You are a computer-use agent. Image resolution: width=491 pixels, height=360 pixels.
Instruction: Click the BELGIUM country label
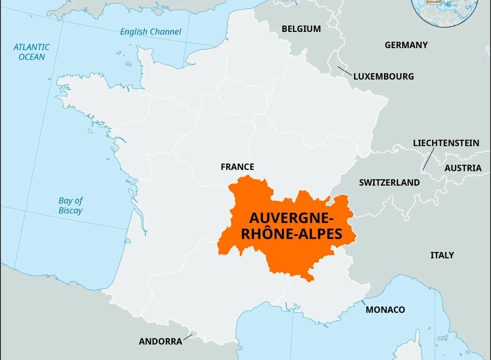click(x=301, y=29)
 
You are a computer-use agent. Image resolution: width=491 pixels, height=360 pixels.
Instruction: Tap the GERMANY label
click(x=406, y=45)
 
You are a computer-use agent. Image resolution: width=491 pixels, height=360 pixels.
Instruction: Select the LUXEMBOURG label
click(x=383, y=77)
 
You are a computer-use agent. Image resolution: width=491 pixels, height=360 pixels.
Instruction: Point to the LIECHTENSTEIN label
click(x=446, y=143)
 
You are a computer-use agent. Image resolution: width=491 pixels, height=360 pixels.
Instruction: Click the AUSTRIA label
click(x=463, y=168)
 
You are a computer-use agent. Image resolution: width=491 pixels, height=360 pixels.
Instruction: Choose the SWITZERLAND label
click(x=389, y=183)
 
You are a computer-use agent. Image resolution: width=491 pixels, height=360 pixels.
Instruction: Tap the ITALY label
click(x=442, y=255)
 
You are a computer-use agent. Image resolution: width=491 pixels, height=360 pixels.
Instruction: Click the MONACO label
click(x=385, y=309)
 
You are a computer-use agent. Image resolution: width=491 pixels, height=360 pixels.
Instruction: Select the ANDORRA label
click(x=161, y=341)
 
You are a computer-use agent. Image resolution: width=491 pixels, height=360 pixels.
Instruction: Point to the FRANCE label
click(x=237, y=167)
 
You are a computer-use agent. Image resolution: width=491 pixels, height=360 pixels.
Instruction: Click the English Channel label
click(x=151, y=32)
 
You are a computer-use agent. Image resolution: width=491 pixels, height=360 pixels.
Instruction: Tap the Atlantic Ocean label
click(x=31, y=52)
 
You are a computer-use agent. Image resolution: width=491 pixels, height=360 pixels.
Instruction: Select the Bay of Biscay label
click(x=71, y=205)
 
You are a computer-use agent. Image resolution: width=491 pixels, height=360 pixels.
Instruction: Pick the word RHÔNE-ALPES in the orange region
click(x=292, y=234)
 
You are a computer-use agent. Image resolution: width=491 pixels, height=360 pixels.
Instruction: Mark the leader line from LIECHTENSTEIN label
click(x=428, y=160)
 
